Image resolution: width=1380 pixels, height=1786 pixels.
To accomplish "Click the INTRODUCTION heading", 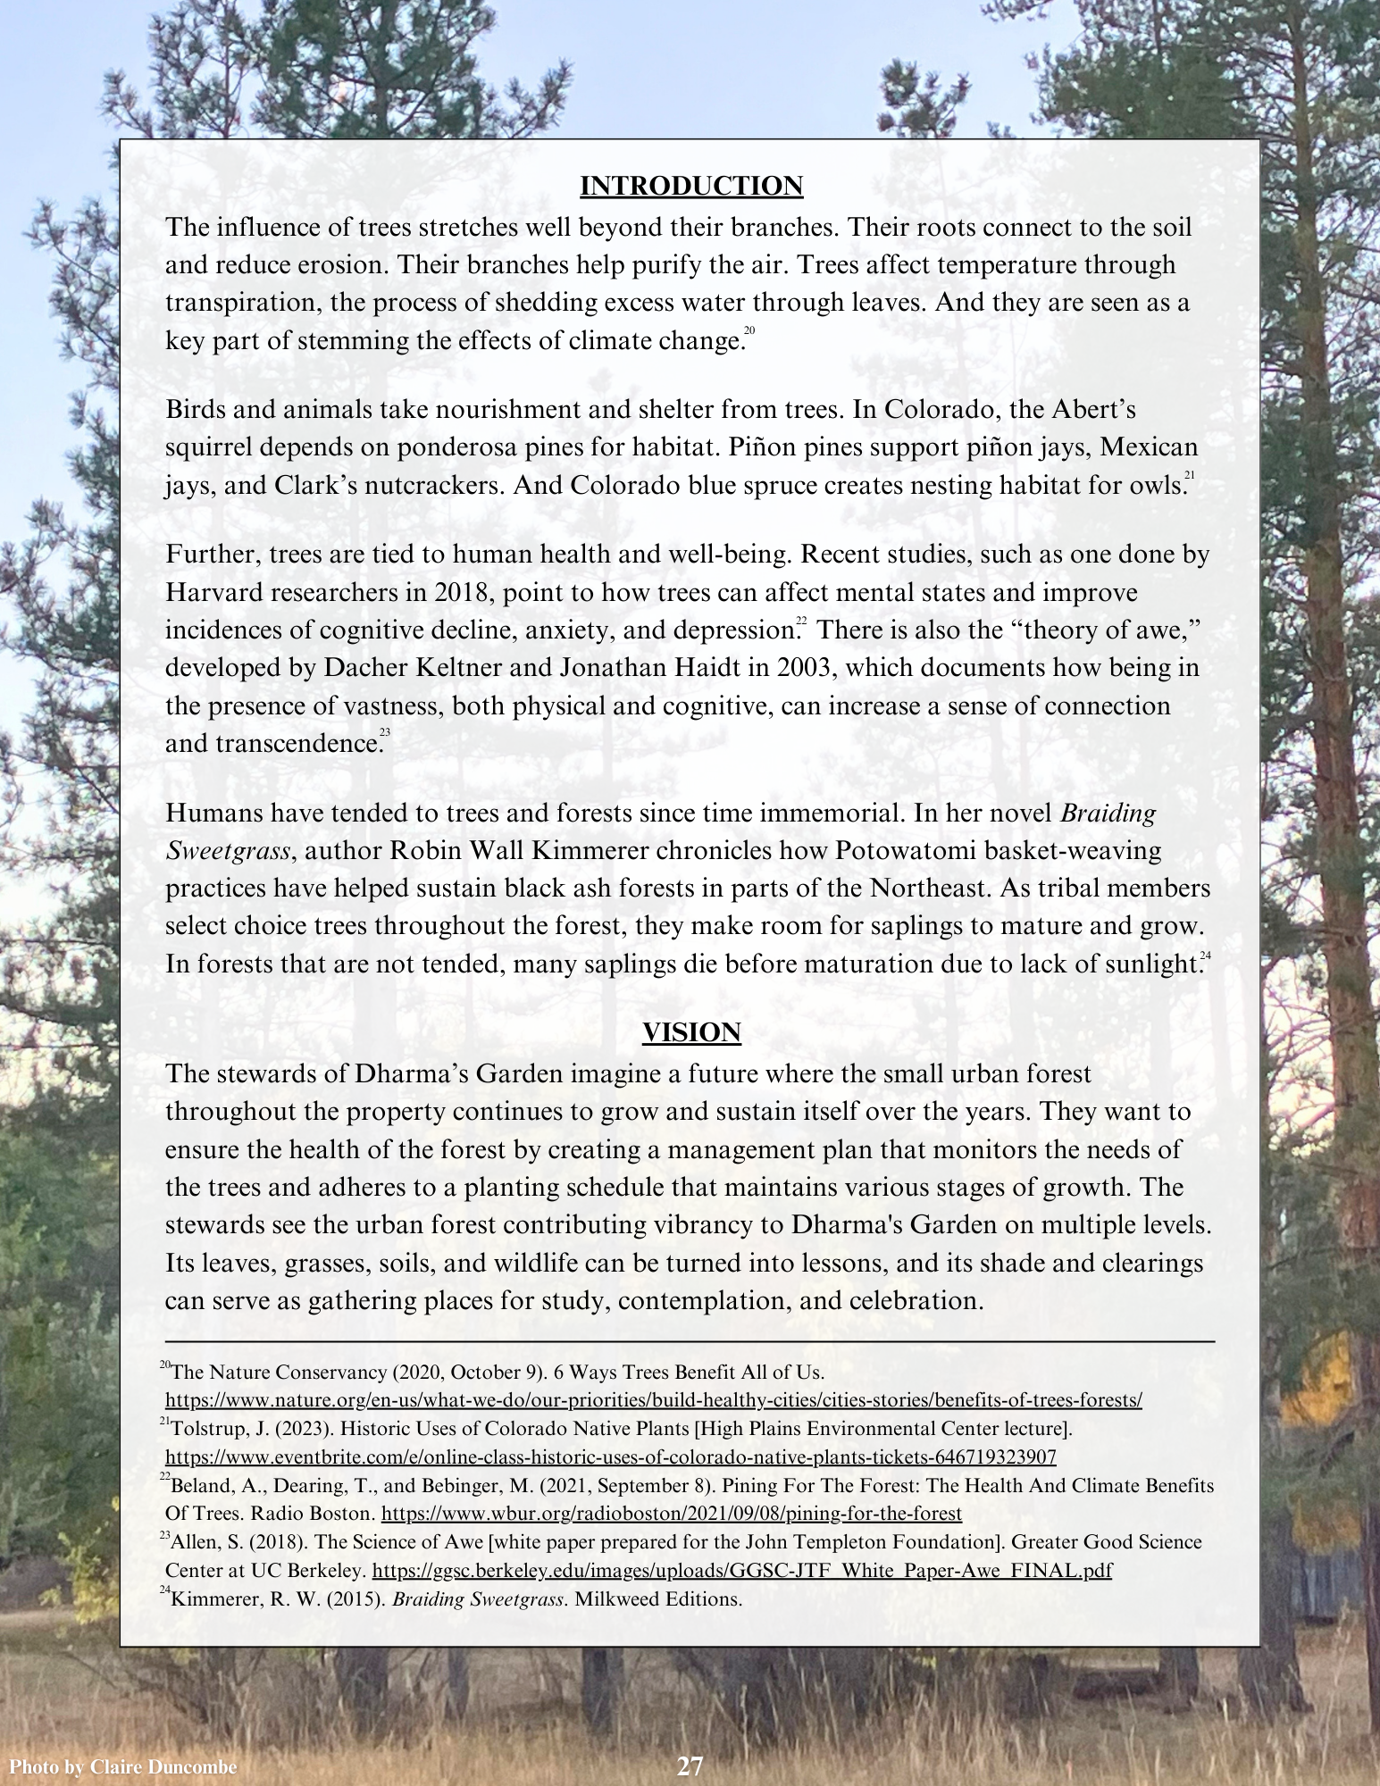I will [x=691, y=186].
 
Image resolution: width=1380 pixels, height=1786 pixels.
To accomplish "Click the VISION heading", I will [x=691, y=1032].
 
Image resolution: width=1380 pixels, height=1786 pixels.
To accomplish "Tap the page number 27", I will [x=690, y=1766].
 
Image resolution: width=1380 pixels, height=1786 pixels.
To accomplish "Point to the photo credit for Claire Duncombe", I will [x=122, y=1767].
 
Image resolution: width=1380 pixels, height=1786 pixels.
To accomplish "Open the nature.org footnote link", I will [x=654, y=1400].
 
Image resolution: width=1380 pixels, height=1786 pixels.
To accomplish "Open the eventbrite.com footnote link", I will [x=611, y=1457].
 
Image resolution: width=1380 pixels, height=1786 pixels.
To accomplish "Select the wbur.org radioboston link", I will [x=672, y=1514].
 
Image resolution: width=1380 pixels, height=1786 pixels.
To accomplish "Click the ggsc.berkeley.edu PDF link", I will [x=741, y=1571].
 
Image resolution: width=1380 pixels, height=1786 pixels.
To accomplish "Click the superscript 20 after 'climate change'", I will [x=749, y=332].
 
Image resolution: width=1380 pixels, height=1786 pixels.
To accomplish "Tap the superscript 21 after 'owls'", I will [x=1190, y=476].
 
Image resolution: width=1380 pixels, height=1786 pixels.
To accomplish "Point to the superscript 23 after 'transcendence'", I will [x=385, y=733].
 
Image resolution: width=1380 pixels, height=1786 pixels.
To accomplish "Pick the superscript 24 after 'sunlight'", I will [x=1206, y=956].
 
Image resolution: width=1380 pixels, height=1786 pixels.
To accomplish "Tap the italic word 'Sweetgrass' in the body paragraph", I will [x=228, y=852].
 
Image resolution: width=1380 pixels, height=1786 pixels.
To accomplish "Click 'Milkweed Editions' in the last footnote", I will [x=658, y=1598].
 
